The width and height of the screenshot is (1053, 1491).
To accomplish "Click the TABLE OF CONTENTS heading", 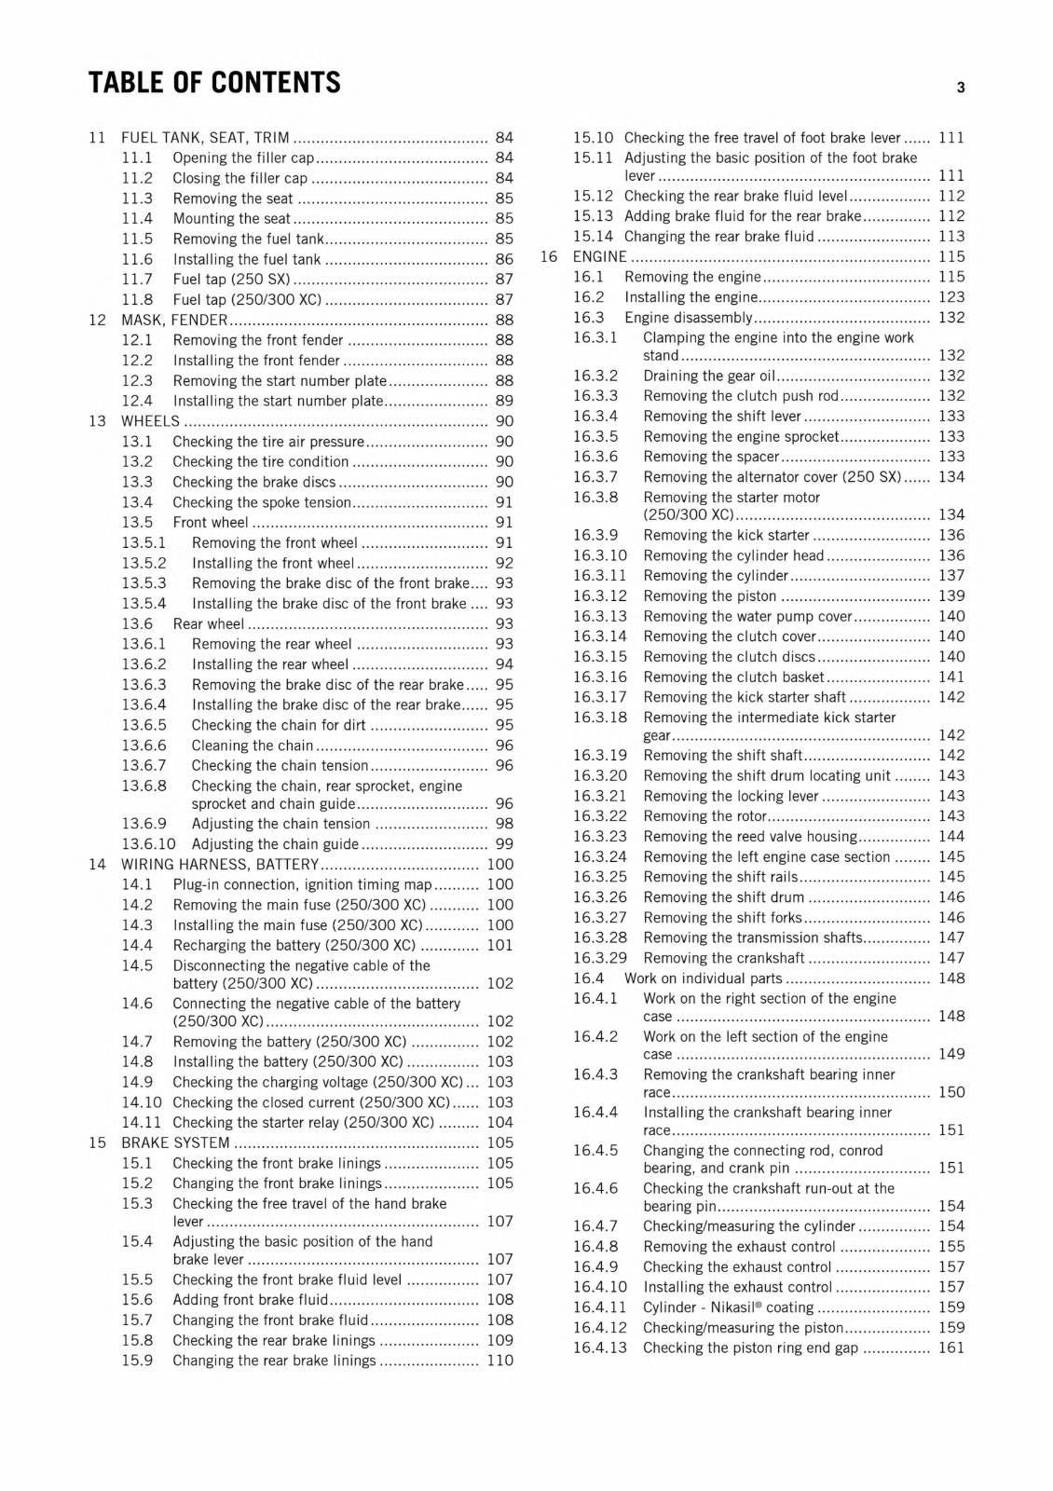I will (214, 83).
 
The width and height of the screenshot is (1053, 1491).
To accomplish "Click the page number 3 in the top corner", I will (960, 89).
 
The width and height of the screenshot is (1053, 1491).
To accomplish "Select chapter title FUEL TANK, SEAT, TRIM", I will (205, 138).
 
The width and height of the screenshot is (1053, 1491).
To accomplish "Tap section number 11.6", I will (137, 259).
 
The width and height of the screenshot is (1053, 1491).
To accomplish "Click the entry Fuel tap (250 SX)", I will (231, 280).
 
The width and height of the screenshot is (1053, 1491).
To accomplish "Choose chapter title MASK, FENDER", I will (174, 320).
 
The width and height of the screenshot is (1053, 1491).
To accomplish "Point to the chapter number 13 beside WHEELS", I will (98, 421).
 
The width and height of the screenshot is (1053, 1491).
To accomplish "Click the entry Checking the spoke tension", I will (262, 502).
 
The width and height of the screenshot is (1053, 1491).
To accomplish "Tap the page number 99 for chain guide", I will (504, 844).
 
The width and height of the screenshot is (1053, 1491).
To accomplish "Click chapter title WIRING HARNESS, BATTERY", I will (220, 865).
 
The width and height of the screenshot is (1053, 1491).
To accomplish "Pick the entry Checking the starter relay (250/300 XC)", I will (303, 1123).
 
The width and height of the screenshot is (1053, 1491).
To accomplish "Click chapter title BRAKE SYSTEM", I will (175, 1143).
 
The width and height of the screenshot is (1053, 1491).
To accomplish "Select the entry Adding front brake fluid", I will (250, 1300).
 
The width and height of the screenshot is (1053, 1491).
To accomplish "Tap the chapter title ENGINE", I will (599, 257).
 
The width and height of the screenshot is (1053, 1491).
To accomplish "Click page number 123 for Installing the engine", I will (951, 297).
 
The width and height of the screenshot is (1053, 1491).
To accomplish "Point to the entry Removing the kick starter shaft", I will (745, 697).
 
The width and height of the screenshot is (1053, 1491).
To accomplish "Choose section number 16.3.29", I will (600, 958).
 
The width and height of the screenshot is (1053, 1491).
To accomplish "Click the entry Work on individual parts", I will (703, 978).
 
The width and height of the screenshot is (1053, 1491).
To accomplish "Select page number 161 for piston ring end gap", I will (951, 1347).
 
